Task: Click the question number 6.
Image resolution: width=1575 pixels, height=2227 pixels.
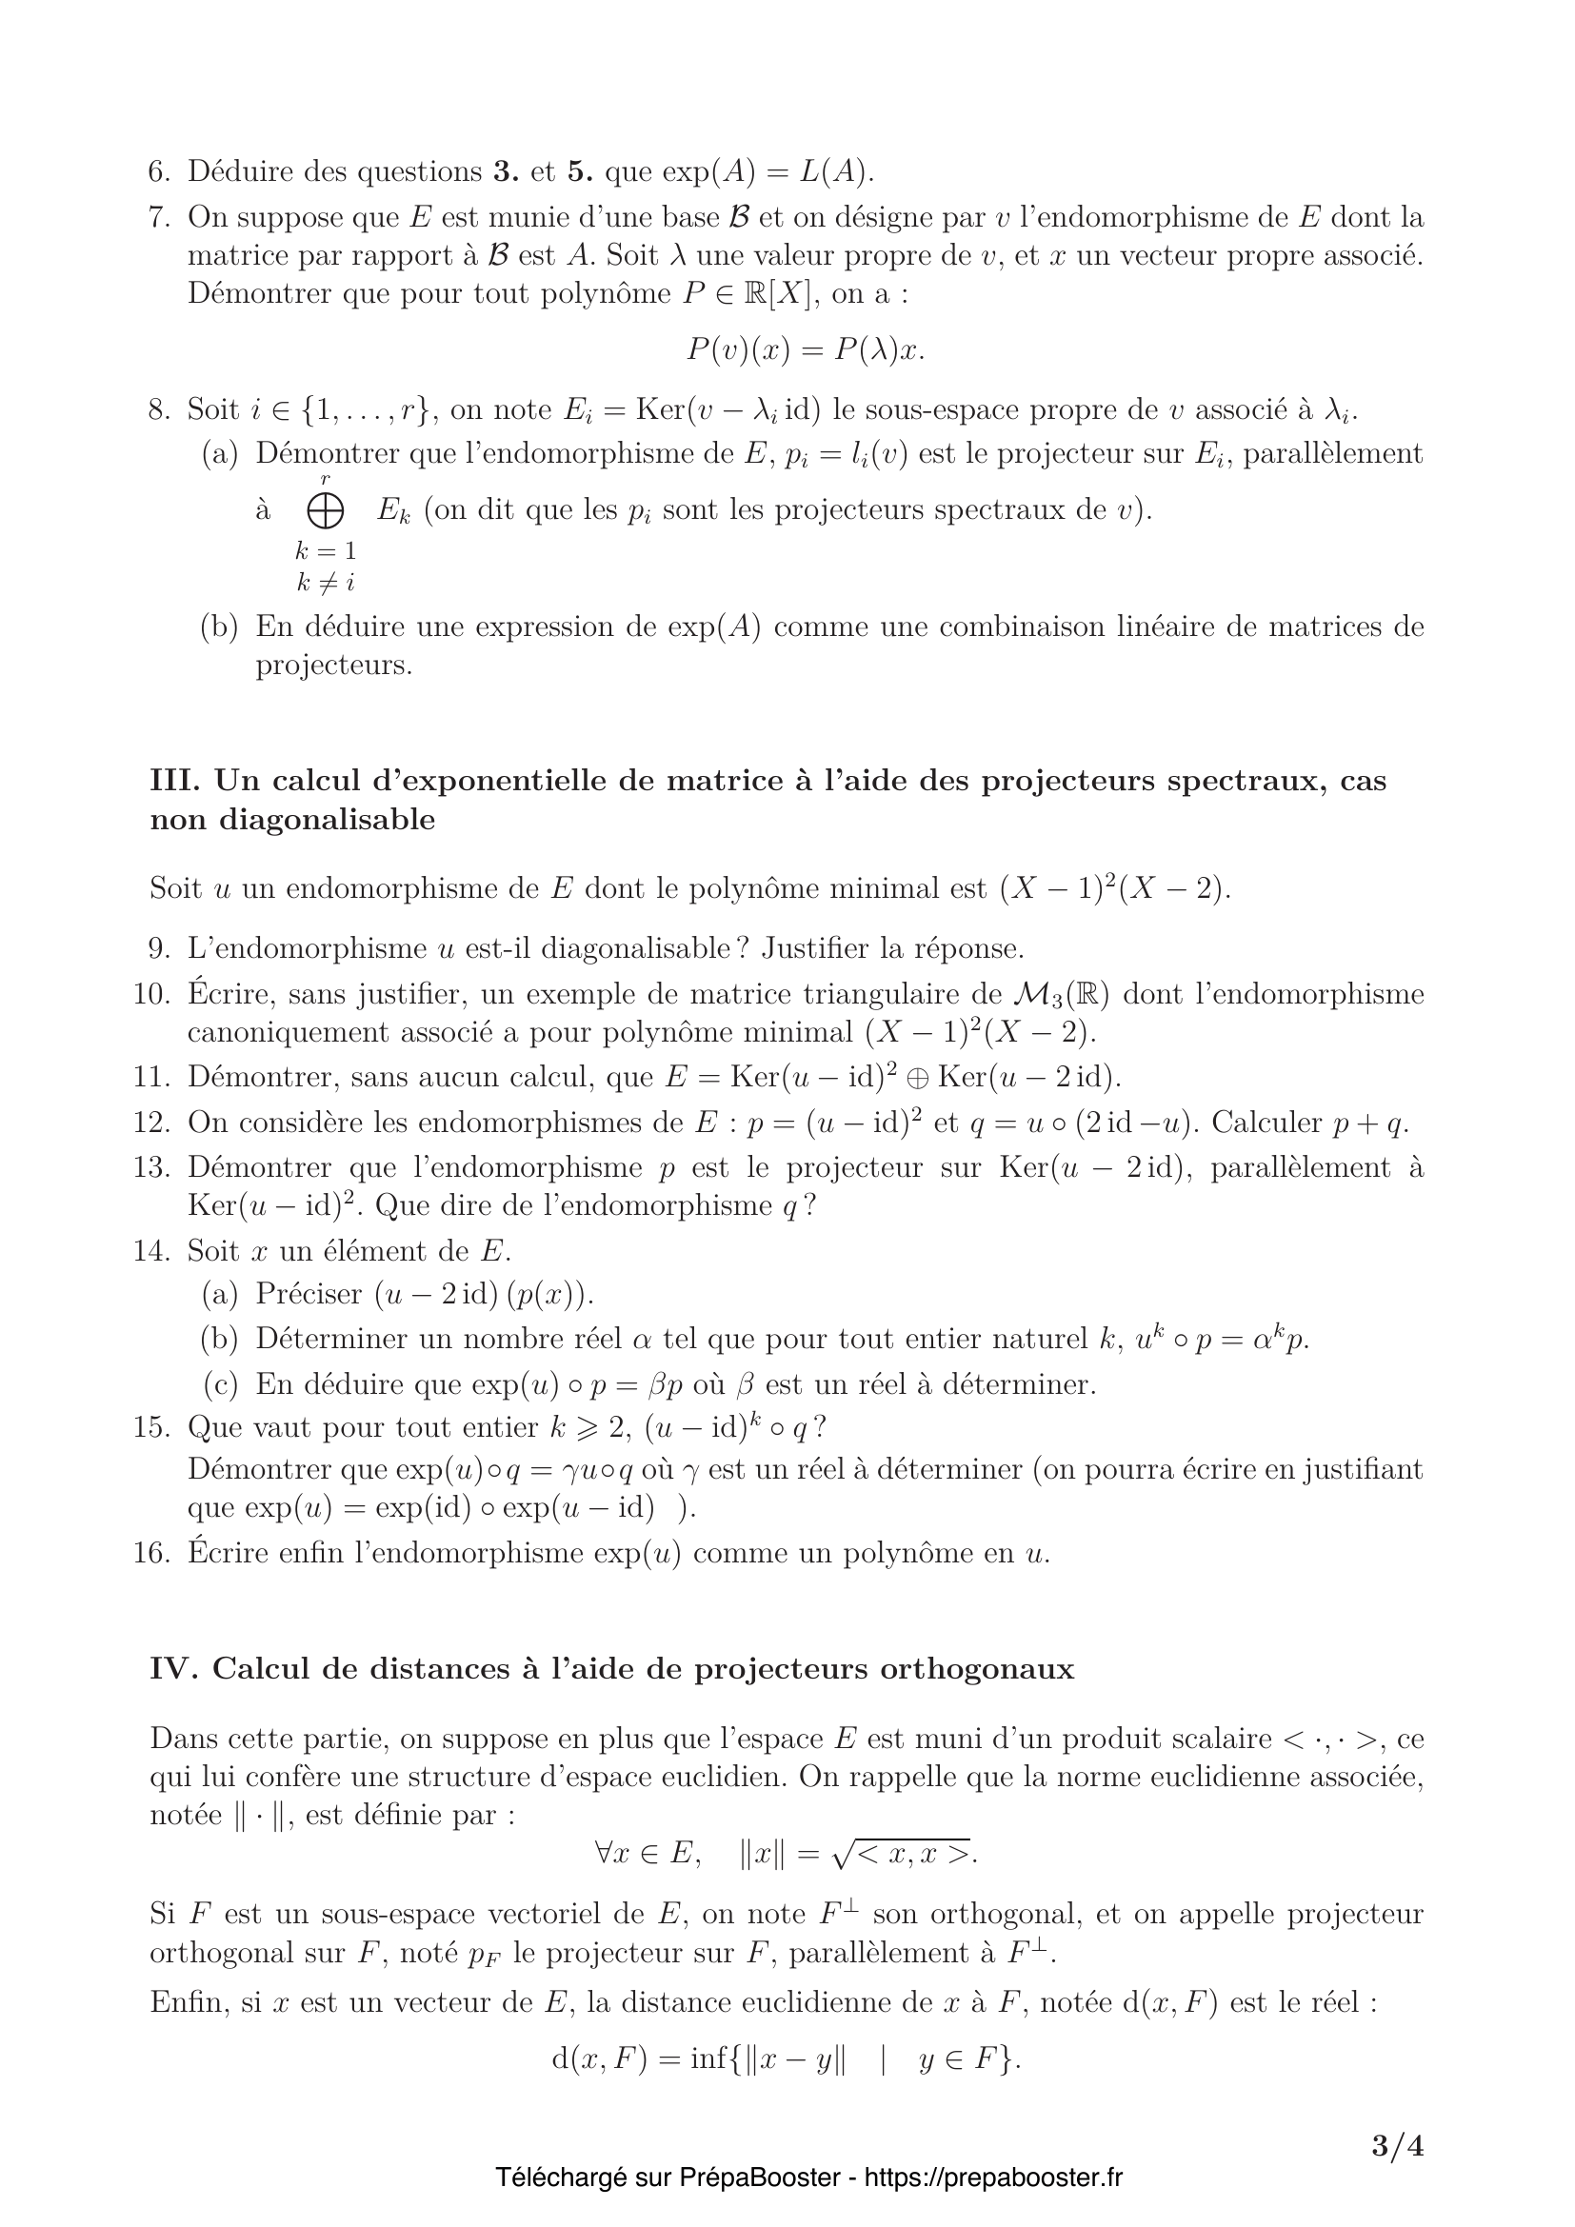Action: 159,172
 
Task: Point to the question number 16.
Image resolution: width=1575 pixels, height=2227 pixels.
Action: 151,1554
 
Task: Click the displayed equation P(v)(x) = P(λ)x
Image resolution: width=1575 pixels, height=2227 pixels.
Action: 806,350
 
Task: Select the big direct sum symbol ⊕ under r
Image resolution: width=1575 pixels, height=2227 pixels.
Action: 324,511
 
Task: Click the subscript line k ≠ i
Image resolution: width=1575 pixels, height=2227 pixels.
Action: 325,584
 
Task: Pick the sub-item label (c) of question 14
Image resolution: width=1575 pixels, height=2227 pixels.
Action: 220,1384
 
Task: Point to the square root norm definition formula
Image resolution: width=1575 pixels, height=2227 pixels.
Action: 787,1854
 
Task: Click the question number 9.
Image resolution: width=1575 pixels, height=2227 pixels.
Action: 159,947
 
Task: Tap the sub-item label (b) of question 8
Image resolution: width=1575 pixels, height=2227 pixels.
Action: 220,626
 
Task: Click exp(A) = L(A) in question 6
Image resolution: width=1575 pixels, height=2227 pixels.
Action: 768,172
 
